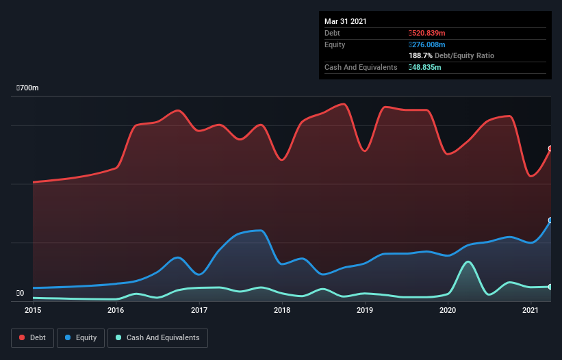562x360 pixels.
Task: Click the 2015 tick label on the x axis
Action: (33, 311)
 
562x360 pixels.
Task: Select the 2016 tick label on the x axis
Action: (116, 311)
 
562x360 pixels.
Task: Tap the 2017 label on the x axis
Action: (199, 311)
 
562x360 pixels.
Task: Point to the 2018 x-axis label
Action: (282, 311)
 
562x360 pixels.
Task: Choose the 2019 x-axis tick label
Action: (365, 311)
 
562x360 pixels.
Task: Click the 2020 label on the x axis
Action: (448, 311)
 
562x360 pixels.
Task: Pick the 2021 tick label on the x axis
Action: (531, 311)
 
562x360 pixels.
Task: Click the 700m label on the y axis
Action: (28, 88)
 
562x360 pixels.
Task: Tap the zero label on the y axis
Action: (20, 294)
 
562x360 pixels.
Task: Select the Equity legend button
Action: (81, 337)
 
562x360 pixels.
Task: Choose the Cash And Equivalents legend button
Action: (157, 337)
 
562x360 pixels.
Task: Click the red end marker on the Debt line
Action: (550, 149)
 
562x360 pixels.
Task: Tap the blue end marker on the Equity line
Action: (550, 220)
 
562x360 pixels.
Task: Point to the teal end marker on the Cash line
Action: (550, 287)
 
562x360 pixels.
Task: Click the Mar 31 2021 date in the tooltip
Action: (346, 21)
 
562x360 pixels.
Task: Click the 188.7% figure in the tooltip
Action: (420, 55)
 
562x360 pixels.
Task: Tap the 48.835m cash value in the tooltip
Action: (426, 67)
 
